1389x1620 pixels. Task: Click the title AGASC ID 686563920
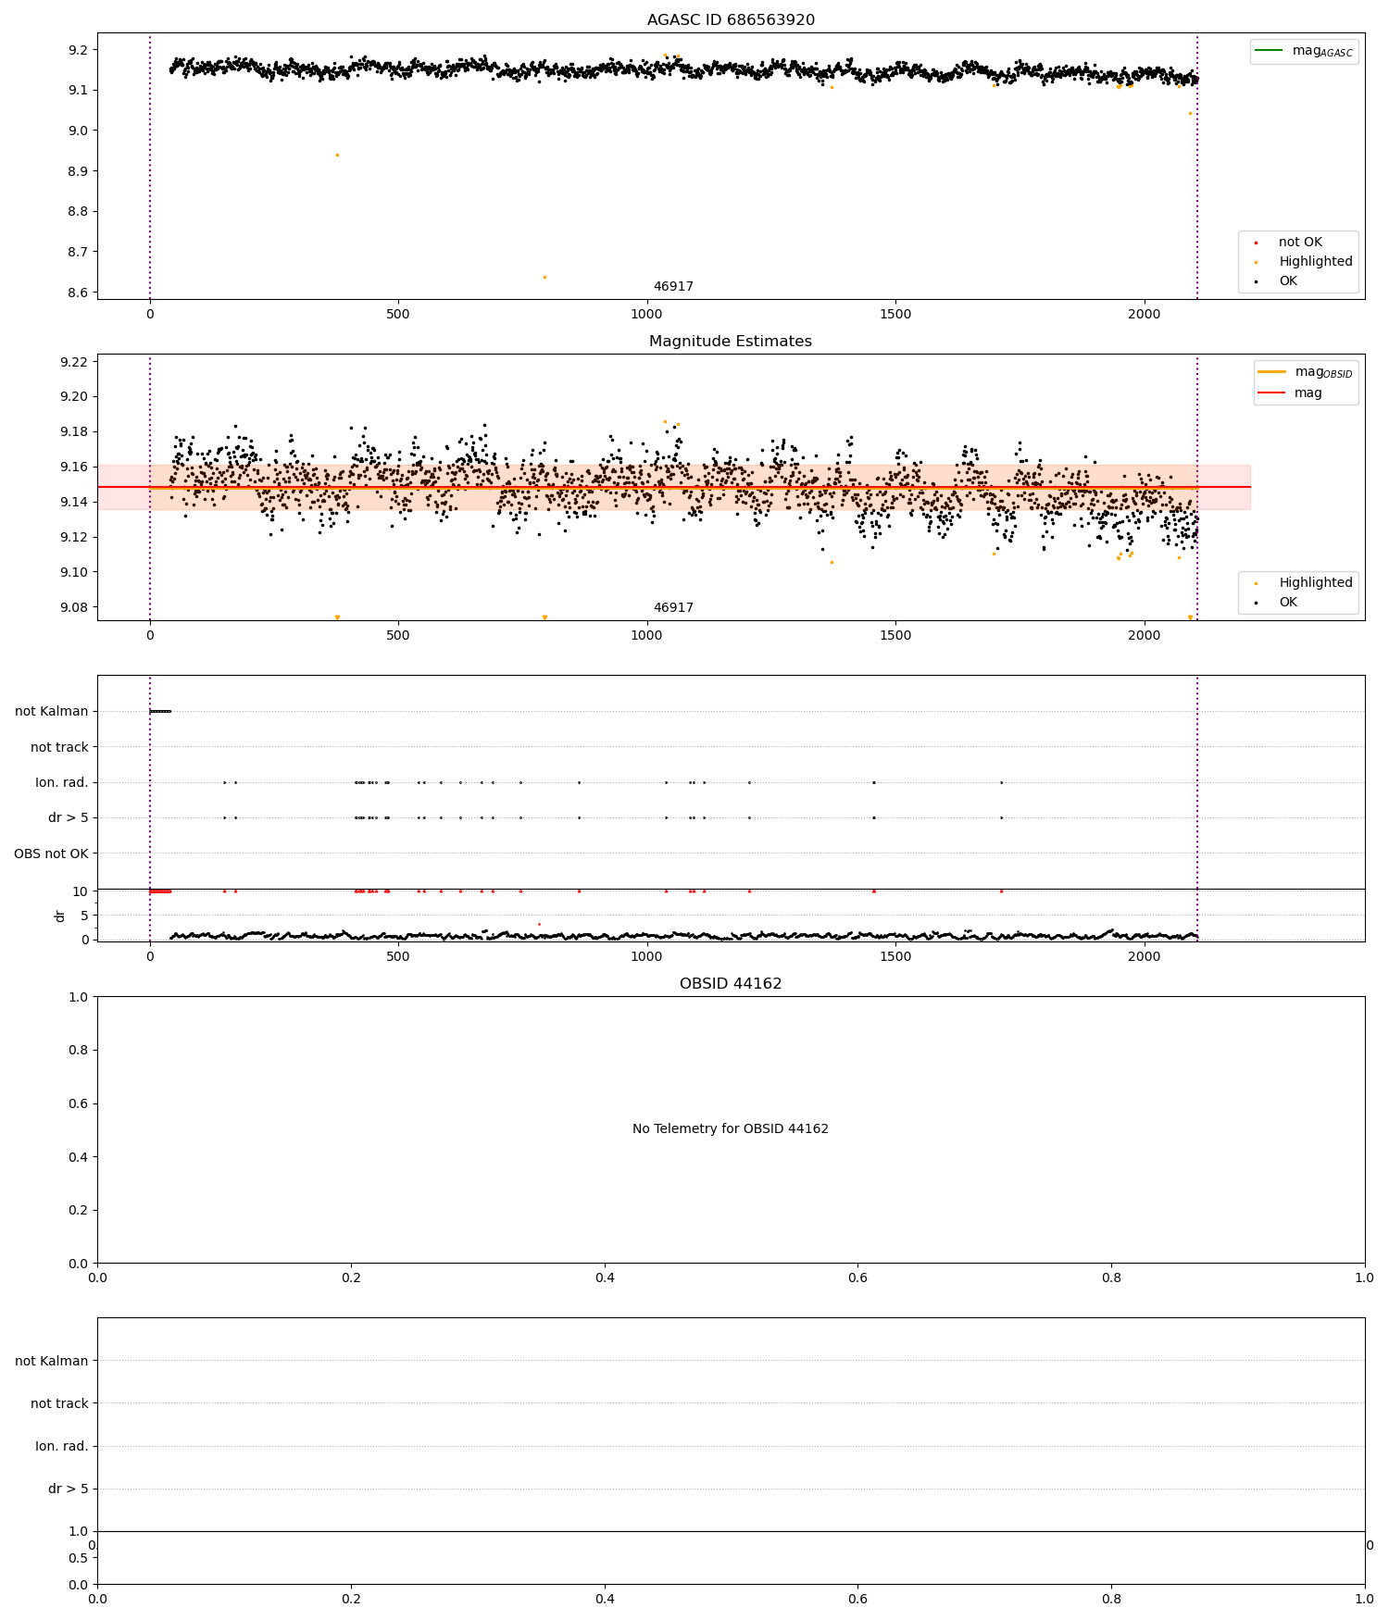pos(731,20)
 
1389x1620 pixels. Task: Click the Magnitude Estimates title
pos(731,342)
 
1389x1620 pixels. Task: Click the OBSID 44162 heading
pos(731,984)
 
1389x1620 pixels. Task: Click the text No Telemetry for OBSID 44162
pos(731,1129)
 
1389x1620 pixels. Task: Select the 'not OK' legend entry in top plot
pos(1300,243)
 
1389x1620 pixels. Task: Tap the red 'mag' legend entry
pos(1308,393)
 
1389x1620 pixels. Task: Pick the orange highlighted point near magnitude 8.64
pos(544,277)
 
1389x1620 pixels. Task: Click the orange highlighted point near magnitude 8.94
pos(337,155)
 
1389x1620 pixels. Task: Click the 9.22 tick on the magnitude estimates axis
pos(73,362)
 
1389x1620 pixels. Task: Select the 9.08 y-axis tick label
pos(73,608)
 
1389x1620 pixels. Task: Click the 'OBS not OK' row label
pos(51,854)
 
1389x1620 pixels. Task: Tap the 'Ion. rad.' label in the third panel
pos(61,783)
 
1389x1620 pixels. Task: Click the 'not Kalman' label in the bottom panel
pos(51,1361)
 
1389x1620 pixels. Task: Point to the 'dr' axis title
pos(60,916)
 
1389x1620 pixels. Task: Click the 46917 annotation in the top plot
pos(673,287)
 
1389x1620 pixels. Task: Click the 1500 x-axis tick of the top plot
pos(895,314)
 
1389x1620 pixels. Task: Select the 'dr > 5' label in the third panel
pos(68,818)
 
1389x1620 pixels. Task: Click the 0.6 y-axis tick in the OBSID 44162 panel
pos(79,1103)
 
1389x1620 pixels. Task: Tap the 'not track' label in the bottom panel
pos(59,1403)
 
